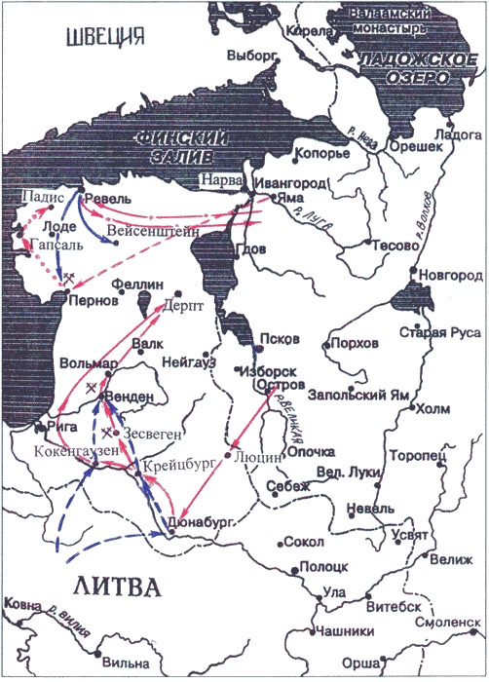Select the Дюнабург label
click(x=204, y=522)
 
